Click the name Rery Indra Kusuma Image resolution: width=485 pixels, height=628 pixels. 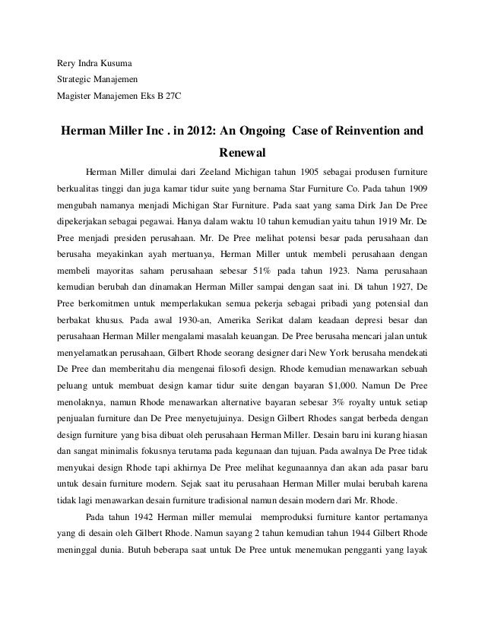pos(93,62)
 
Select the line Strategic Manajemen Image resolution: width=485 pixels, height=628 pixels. pos(95,79)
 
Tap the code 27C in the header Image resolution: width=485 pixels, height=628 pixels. pos(173,97)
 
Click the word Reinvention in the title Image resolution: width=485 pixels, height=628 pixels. pos(360,129)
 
